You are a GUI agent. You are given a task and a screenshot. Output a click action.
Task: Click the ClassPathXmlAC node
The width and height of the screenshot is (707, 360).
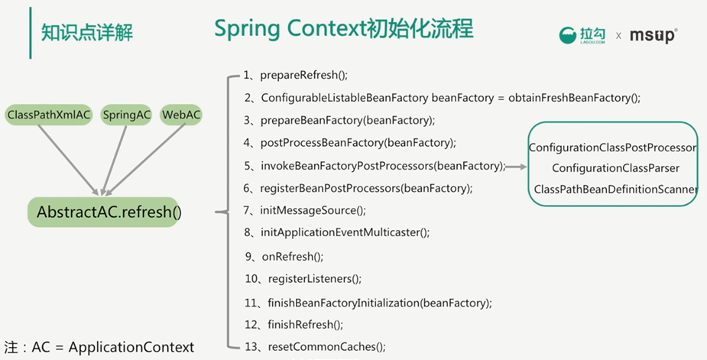point(49,115)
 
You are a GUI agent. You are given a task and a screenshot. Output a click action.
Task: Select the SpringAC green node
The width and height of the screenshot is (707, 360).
point(127,115)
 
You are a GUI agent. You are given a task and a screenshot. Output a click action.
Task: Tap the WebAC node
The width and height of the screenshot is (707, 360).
point(181,115)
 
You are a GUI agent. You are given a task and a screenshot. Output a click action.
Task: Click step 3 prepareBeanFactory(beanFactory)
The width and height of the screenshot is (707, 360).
point(339,120)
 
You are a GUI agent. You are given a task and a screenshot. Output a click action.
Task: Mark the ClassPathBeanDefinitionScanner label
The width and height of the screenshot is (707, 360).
point(615,189)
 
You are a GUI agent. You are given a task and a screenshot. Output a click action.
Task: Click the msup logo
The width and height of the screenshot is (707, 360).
point(653,35)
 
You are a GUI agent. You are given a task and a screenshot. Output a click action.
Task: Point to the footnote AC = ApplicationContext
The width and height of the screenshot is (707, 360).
point(99,347)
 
